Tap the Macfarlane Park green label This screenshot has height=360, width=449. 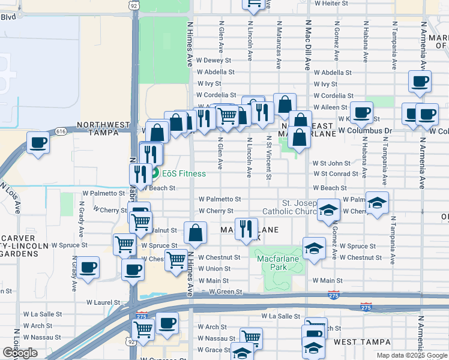(x=277, y=259)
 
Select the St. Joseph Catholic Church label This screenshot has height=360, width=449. (x=294, y=207)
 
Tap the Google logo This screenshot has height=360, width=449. (x=20, y=353)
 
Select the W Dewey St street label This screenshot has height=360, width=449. (x=214, y=61)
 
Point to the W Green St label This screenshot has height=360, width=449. (x=225, y=292)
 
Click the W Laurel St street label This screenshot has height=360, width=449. (x=107, y=302)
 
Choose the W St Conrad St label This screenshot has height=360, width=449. (x=335, y=174)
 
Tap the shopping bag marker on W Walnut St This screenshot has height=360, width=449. (x=196, y=233)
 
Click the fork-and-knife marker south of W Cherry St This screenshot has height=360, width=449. (x=246, y=229)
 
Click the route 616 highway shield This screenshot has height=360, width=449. (x=60, y=131)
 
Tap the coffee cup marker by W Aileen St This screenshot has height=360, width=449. (x=362, y=112)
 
